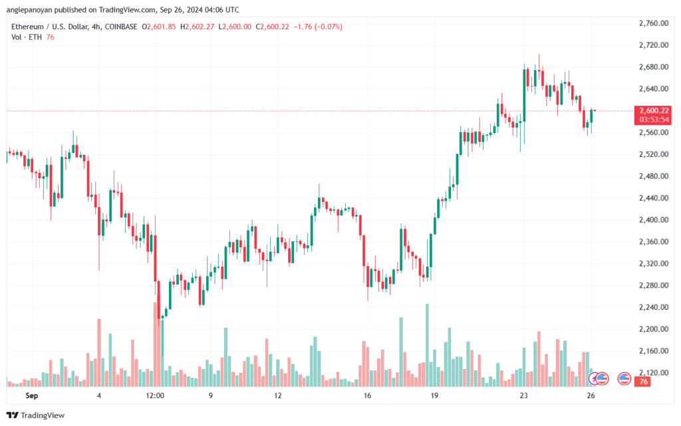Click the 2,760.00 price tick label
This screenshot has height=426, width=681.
[x=653, y=23]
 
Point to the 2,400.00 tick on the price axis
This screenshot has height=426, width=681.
[x=653, y=219]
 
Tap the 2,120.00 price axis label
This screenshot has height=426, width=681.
[x=653, y=372]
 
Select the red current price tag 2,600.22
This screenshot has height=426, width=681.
[x=654, y=110]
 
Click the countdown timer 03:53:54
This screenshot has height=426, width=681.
[x=654, y=120]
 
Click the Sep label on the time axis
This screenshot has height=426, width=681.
[x=32, y=395]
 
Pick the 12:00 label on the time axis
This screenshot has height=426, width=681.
[x=155, y=395]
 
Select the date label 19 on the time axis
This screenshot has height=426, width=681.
[x=434, y=395]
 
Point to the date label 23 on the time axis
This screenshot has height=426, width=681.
[x=524, y=395]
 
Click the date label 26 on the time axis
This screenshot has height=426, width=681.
[x=591, y=395]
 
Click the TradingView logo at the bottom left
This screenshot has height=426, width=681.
[x=36, y=415]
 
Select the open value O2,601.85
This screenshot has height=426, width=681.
[x=159, y=27]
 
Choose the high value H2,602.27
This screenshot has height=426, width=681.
[x=197, y=27]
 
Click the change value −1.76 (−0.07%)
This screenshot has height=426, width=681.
[x=318, y=27]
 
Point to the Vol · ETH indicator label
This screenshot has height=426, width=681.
[x=27, y=37]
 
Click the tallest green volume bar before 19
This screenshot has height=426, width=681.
[x=427, y=346]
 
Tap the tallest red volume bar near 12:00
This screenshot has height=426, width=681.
[x=155, y=344]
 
